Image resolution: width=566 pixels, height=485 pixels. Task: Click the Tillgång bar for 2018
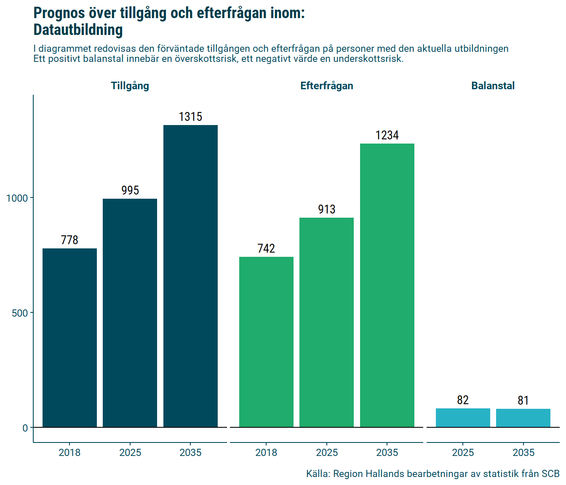pyautogui.click(x=69, y=338)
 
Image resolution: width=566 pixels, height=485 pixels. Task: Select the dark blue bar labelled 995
pyautogui.click(x=130, y=313)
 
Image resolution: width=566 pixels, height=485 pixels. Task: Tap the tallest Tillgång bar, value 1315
pyautogui.click(x=190, y=276)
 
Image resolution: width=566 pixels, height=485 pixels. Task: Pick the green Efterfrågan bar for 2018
pyautogui.click(x=266, y=342)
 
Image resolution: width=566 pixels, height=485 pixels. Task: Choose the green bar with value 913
pyautogui.click(x=326, y=322)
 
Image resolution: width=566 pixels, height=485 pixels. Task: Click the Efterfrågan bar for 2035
pyautogui.click(x=387, y=285)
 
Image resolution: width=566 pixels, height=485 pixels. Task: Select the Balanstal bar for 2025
pyautogui.click(x=463, y=418)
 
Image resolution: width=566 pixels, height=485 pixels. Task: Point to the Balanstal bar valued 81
pyautogui.click(x=523, y=418)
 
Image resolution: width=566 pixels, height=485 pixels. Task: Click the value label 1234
pyautogui.click(x=387, y=135)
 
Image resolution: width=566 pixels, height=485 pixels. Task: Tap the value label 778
pyautogui.click(x=69, y=240)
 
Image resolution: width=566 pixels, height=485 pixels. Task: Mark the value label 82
pyautogui.click(x=463, y=400)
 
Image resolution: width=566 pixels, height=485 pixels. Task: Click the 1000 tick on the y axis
pyautogui.click(x=17, y=198)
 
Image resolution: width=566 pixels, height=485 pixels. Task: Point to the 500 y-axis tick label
pyautogui.click(x=20, y=313)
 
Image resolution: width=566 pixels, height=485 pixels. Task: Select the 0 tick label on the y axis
pyautogui.click(x=25, y=428)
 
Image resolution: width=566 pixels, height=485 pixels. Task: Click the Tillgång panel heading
pyautogui.click(x=130, y=86)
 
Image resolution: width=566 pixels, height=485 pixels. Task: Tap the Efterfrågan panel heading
pyautogui.click(x=326, y=86)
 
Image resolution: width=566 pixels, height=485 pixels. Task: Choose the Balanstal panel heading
pyautogui.click(x=493, y=86)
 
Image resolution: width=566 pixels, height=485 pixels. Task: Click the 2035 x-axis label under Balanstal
pyautogui.click(x=523, y=453)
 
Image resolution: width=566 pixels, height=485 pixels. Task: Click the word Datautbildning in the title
pyautogui.click(x=78, y=30)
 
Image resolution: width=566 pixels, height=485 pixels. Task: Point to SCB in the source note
pyautogui.click(x=550, y=474)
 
